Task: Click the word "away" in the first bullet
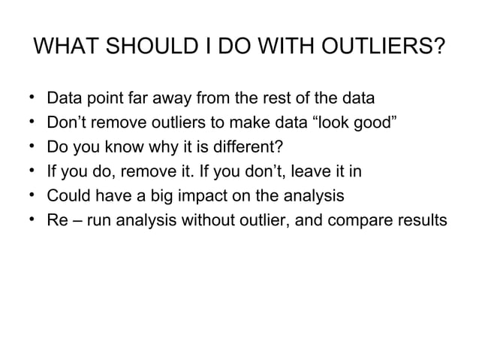point(171,98)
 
